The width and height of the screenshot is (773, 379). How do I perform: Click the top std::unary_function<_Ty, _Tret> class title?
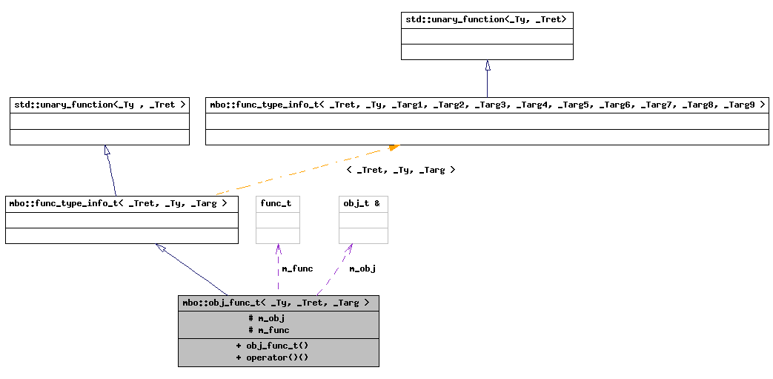point(487,19)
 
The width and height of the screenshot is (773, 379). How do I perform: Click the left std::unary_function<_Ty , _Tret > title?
point(99,105)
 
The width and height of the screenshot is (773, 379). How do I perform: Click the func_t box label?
point(276,203)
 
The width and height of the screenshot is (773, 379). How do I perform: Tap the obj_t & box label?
point(362,203)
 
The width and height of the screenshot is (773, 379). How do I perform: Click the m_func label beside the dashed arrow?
point(297,268)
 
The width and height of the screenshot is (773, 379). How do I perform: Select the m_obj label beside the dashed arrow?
point(362,268)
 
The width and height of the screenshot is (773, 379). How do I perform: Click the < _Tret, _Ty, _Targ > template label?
point(400,170)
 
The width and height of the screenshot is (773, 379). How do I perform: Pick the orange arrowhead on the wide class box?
point(394,148)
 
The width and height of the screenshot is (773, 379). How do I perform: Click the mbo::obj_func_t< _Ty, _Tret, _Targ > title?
point(278,303)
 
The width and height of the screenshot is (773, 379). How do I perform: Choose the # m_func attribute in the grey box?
point(269,330)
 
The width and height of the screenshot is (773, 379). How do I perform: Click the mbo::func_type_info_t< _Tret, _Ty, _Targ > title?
point(122,202)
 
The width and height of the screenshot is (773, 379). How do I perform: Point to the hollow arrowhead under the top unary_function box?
point(487,65)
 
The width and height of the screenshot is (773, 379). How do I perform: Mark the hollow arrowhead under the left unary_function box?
point(107,151)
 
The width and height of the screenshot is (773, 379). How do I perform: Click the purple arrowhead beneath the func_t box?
point(278,248)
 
